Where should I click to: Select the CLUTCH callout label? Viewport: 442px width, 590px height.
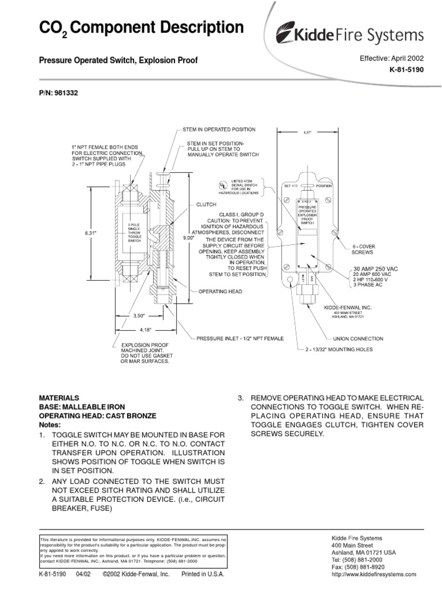coord(205,204)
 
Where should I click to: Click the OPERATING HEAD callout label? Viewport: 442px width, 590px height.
coord(221,292)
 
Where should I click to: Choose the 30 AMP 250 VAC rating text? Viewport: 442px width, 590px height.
coord(375,268)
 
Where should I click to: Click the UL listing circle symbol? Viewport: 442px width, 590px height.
coord(219,186)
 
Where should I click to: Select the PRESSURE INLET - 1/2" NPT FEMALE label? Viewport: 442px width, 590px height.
coord(240,338)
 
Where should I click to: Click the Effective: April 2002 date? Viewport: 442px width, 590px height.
coord(391,58)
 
